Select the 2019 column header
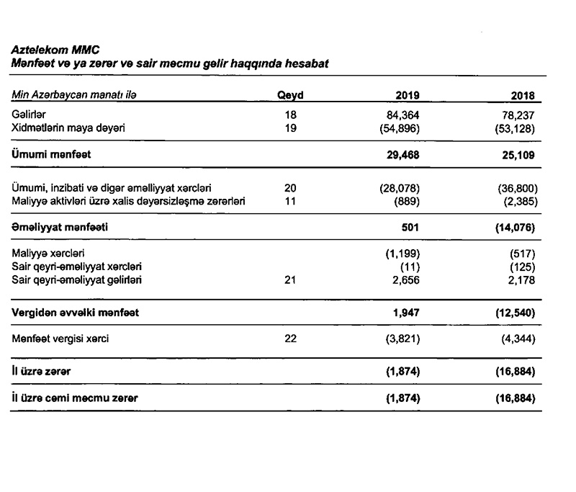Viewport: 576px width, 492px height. pos(408,95)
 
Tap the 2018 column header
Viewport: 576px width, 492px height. pos(524,95)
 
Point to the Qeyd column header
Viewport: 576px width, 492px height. pos(290,95)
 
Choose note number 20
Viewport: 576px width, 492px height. pos(290,188)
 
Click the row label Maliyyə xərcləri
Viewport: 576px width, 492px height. pos(44,254)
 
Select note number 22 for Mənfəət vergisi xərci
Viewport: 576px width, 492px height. pos(290,339)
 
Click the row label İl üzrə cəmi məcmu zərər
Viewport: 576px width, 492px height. pos(75,398)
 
